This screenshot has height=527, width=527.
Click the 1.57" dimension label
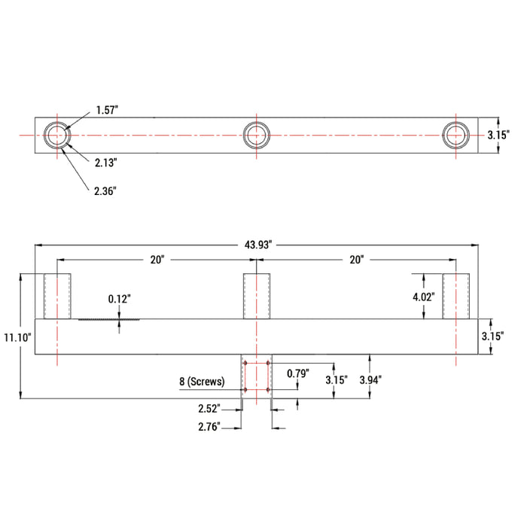[107, 111]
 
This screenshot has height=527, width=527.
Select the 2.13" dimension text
[106, 162]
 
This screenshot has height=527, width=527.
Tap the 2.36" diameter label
[105, 191]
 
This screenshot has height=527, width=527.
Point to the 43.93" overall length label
[257, 245]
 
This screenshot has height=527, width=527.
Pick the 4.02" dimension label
[423, 297]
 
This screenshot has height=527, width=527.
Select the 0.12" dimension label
[119, 299]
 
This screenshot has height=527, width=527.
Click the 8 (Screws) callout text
[202, 382]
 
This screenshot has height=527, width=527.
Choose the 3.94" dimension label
[371, 379]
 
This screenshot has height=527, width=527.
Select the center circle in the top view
[256, 135]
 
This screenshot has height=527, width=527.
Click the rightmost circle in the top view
[455, 135]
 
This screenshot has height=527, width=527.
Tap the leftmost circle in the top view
[56, 135]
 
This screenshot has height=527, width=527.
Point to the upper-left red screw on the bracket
[245, 364]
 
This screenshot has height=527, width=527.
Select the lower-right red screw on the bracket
[268, 389]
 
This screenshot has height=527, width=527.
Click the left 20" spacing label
[157, 260]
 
